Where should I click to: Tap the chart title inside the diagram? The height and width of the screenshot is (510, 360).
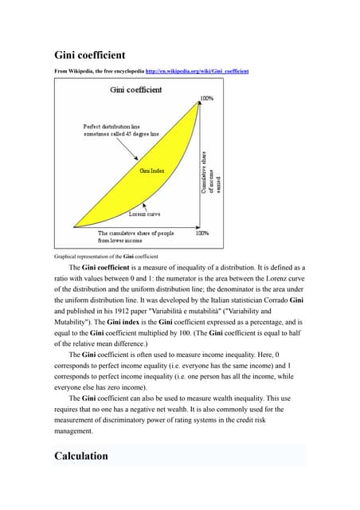tap(135, 90)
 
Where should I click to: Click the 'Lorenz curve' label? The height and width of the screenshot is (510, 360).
tap(147, 214)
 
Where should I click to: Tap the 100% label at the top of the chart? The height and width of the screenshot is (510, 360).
tap(206, 99)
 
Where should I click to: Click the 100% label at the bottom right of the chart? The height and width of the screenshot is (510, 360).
tap(202, 233)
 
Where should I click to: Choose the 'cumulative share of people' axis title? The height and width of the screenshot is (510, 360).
tap(136, 237)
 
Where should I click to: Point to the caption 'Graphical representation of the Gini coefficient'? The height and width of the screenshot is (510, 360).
tap(106, 256)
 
